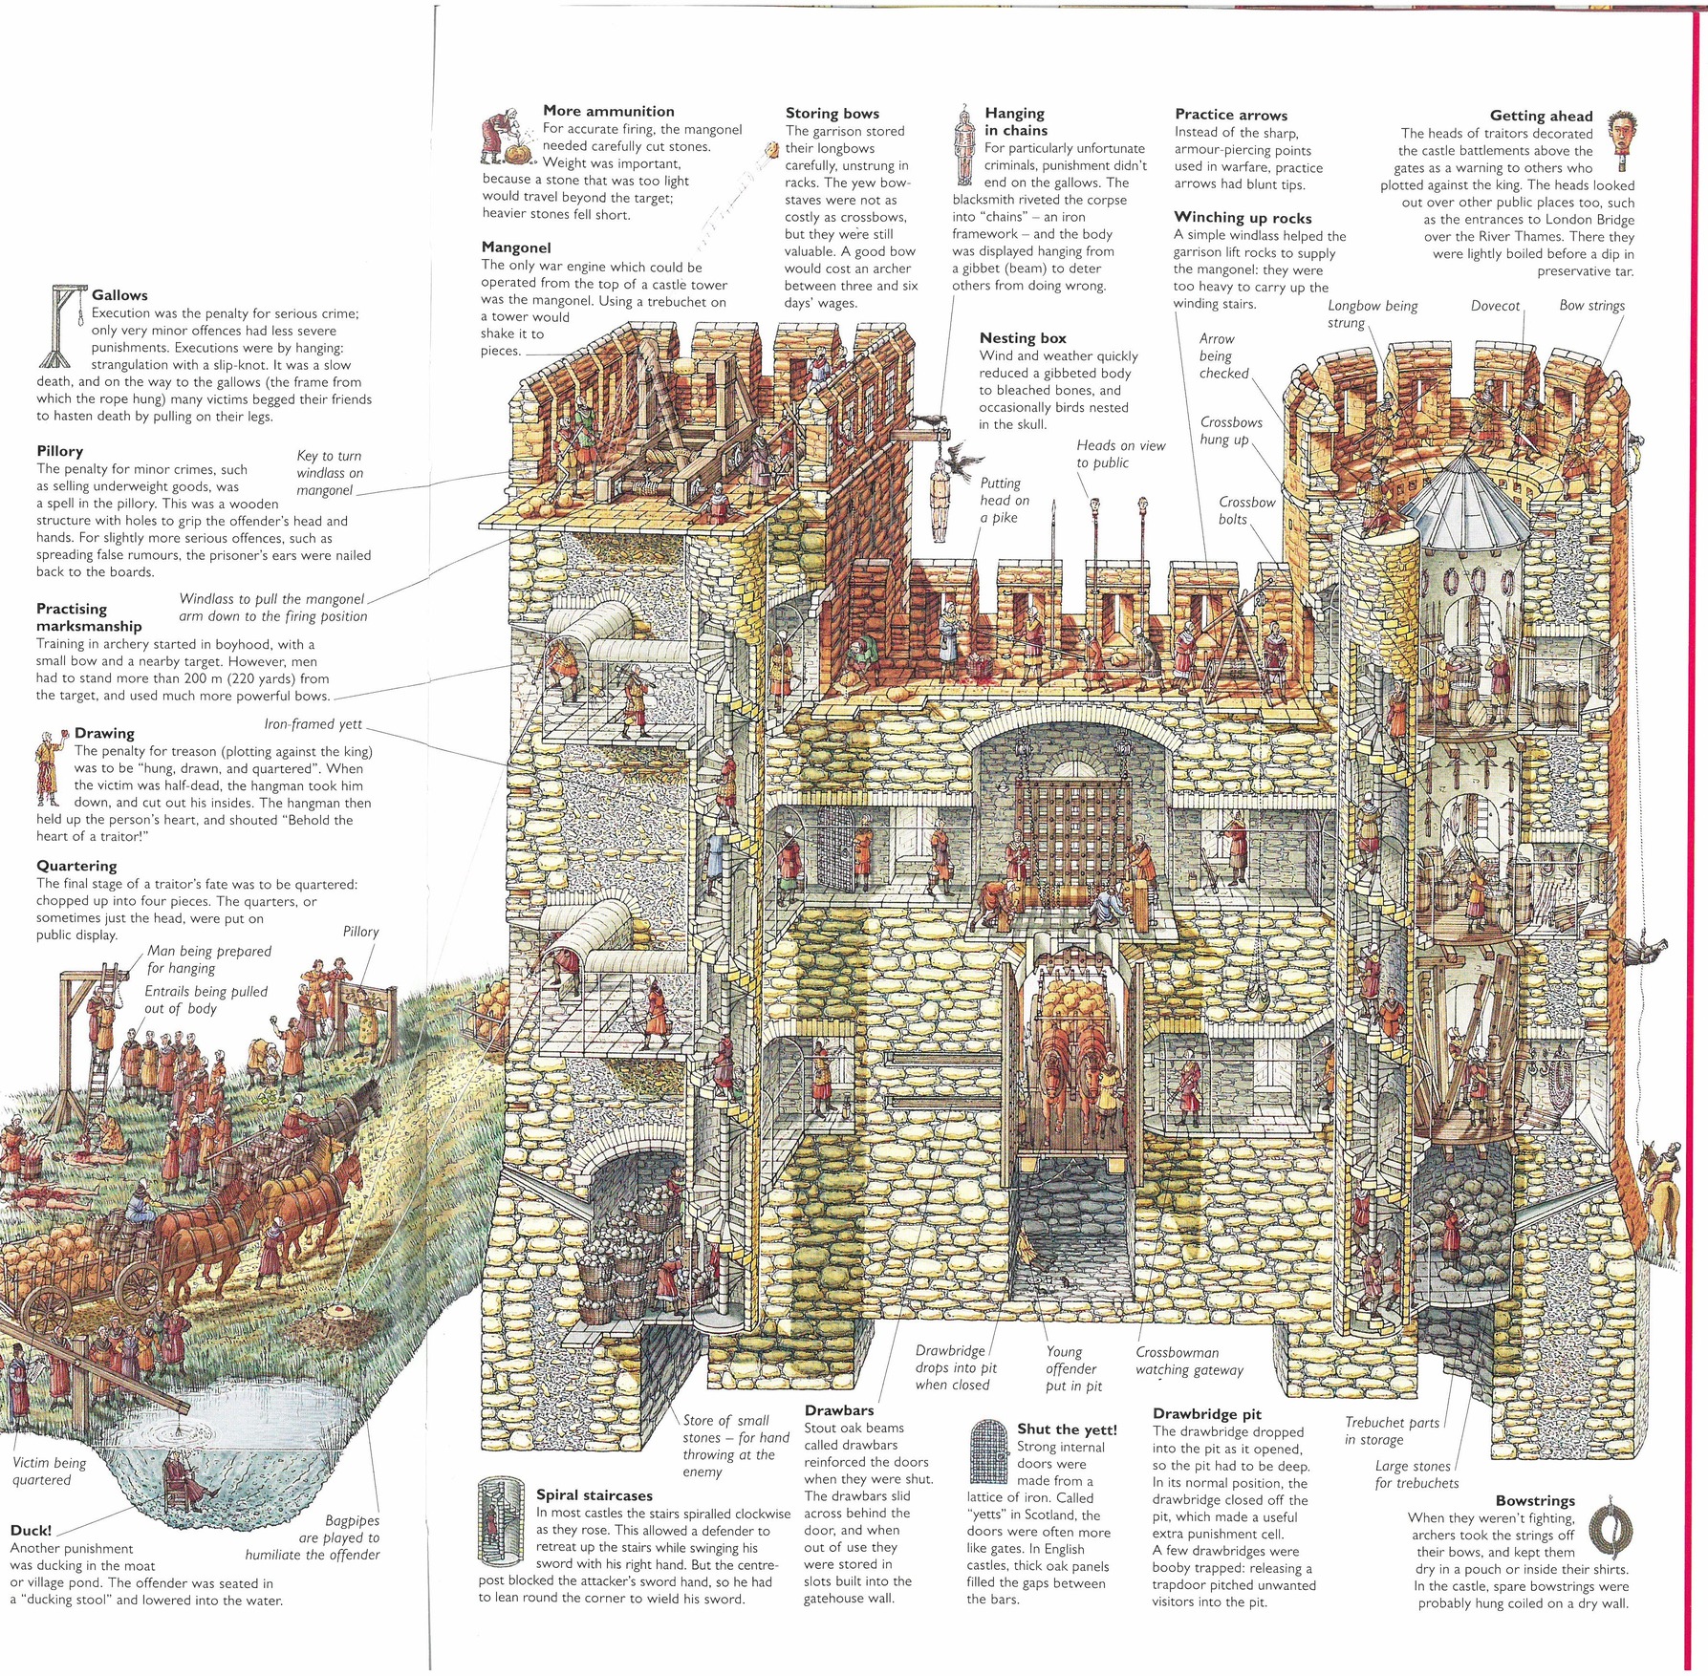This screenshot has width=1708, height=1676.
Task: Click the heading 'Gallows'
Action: (119, 295)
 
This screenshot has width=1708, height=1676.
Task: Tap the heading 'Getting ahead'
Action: (1541, 116)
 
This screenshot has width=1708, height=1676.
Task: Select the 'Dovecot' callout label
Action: (1495, 306)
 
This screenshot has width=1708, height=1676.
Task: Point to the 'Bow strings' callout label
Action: (1591, 306)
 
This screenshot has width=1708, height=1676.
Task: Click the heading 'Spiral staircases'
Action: (594, 1495)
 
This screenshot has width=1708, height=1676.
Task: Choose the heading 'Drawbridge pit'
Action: (1206, 1414)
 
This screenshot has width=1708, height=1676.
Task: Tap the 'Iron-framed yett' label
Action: (313, 724)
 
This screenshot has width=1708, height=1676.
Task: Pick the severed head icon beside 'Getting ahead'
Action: (1618, 137)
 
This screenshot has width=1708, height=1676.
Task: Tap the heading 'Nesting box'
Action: (1022, 338)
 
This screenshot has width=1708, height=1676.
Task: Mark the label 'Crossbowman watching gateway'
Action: (1188, 1361)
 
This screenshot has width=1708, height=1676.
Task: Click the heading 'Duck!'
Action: (31, 1531)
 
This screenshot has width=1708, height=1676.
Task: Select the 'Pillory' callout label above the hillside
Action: (360, 932)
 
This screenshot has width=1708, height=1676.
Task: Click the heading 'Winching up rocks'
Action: (1243, 218)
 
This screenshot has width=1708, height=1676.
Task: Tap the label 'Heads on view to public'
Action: (1120, 454)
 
